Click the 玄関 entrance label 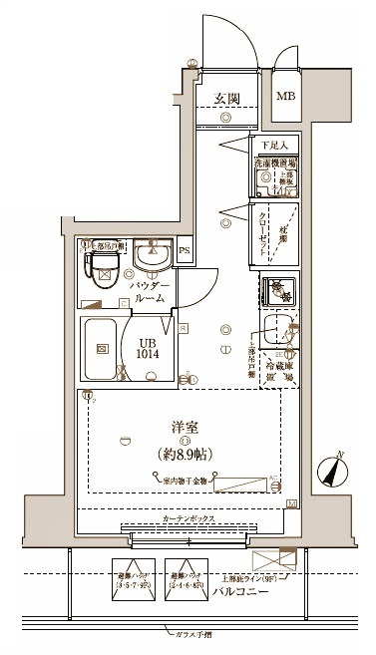click(226, 98)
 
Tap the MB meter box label click(285, 96)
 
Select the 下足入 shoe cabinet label click(275, 146)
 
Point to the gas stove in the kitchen click(279, 291)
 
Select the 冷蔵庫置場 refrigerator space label click(277, 373)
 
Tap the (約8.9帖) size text click(184, 454)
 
